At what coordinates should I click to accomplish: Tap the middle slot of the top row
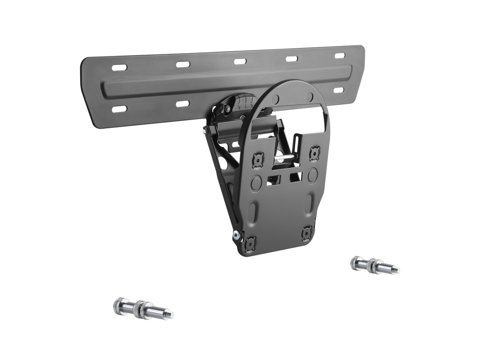pyautogui.click(x=240, y=61)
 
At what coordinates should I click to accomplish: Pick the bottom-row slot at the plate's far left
pyautogui.click(x=119, y=108)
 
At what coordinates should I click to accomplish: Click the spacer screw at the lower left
pyautogui.click(x=140, y=306)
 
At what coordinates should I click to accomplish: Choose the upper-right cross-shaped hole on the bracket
pyautogui.click(x=315, y=152)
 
